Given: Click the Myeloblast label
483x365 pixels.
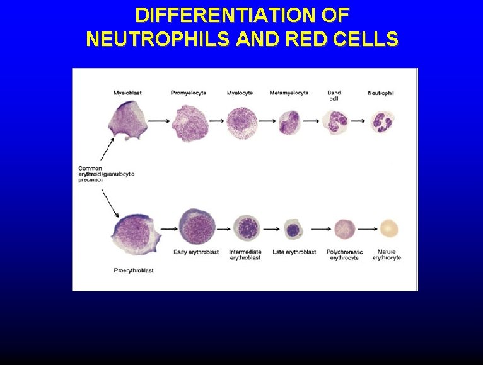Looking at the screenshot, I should [127, 93].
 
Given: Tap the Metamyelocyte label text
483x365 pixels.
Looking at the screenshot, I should [289, 93].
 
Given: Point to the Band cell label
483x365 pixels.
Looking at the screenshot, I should [334, 95].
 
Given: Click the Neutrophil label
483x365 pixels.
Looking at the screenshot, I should [380, 93].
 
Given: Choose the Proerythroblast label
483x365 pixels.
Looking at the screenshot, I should [134, 271].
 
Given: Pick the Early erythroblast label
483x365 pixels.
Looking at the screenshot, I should [196, 252].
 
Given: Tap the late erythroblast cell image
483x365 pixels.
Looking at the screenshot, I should [293, 228].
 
